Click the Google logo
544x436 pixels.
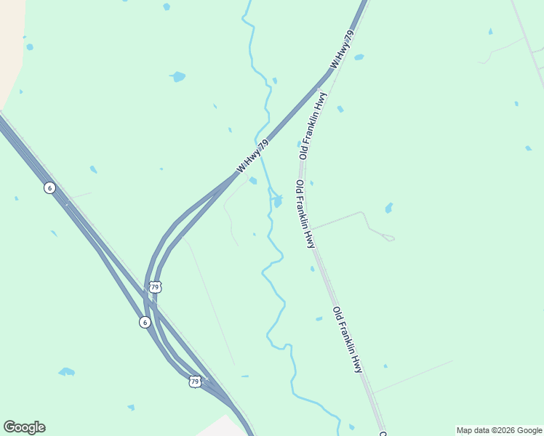(24, 427)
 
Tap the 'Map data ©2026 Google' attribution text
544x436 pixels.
(499, 430)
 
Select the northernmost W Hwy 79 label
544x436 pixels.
(343, 49)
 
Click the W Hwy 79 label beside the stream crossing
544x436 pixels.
(253, 156)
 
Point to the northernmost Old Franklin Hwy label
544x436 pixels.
(311, 125)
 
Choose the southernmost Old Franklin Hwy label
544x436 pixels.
(348, 339)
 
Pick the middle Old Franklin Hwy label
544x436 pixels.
(305, 214)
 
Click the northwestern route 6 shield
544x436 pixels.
(49, 187)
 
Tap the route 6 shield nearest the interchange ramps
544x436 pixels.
(145, 321)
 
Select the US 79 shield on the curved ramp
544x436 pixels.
(154, 287)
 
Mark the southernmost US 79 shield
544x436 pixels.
(194, 381)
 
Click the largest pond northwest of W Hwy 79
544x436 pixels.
(177, 76)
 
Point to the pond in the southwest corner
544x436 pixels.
(67, 371)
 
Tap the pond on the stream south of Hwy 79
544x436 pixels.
(278, 201)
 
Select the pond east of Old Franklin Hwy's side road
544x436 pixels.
(389, 208)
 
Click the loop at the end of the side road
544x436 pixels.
(389, 238)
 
